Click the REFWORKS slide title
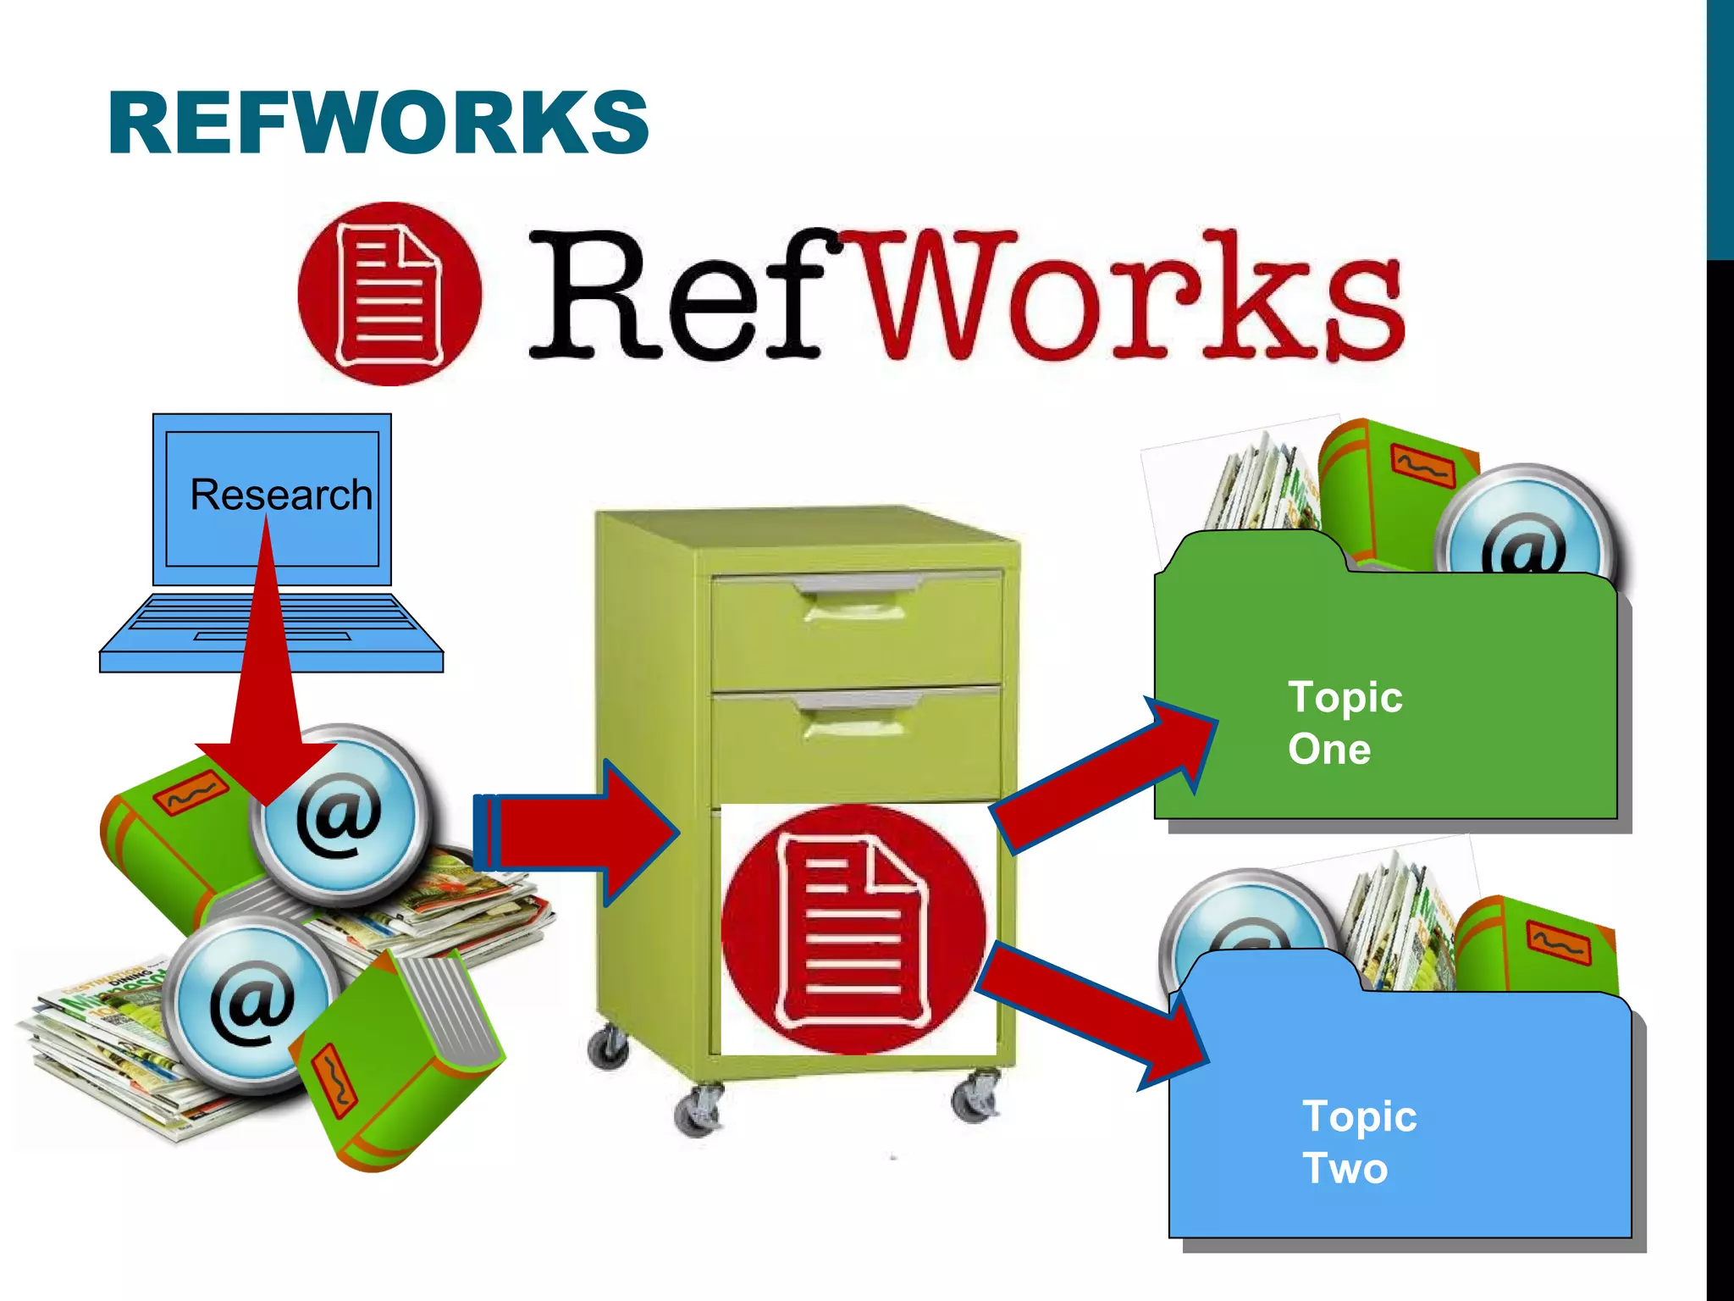coord(378,124)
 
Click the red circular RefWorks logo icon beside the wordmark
coord(389,294)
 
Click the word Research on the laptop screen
coord(280,495)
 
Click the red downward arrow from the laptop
coord(266,678)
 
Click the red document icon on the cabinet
coord(853,929)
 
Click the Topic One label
coord(1345,722)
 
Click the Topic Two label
coord(1358,1142)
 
